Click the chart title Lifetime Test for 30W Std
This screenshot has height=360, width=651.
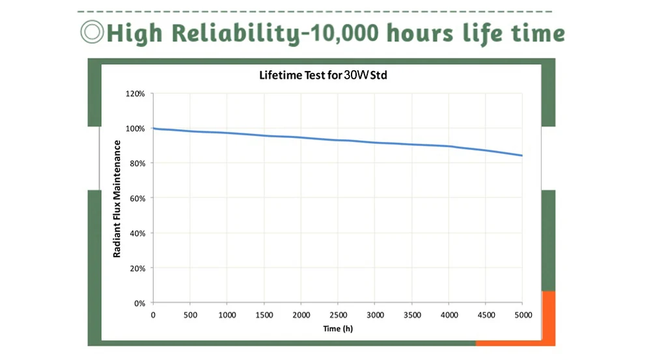coord(324,76)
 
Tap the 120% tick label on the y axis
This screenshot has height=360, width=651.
coord(135,93)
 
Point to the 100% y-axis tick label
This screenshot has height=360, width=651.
coord(135,128)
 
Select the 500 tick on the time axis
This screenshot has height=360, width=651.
coord(189,315)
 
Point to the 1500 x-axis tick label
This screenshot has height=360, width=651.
coord(264,315)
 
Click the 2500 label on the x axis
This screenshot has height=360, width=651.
coord(337,315)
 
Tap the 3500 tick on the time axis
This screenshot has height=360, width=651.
coord(411,315)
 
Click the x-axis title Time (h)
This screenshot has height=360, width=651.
coord(338,328)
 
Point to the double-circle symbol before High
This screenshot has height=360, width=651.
coord(90,32)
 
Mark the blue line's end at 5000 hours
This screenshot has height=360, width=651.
coord(522,156)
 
